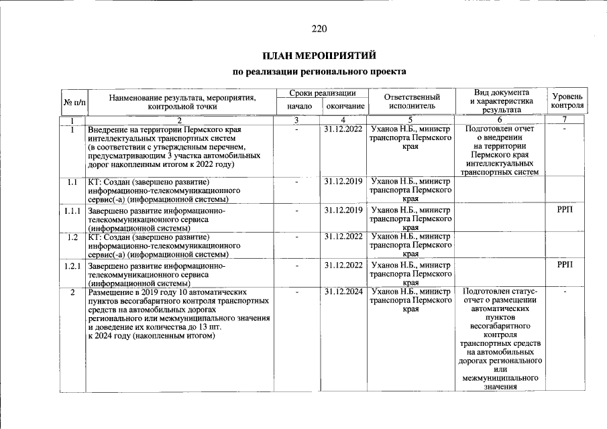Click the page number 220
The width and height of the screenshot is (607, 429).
(319, 29)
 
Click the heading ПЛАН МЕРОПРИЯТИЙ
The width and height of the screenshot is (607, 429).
(319, 55)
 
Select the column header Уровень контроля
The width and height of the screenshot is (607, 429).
(567, 101)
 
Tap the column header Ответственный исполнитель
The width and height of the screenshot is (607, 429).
(410, 101)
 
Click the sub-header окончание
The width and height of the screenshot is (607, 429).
(345, 107)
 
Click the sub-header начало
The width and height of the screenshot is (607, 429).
(299, 107)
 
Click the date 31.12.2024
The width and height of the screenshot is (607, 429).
(343, 292)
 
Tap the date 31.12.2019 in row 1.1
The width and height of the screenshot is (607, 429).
(343, 182)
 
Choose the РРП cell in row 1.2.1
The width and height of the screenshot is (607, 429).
(565, 266)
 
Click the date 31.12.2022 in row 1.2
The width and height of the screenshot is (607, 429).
(343, 237)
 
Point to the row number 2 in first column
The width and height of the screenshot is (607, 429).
(72, 293)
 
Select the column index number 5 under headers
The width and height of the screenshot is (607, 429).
(410, 119)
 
